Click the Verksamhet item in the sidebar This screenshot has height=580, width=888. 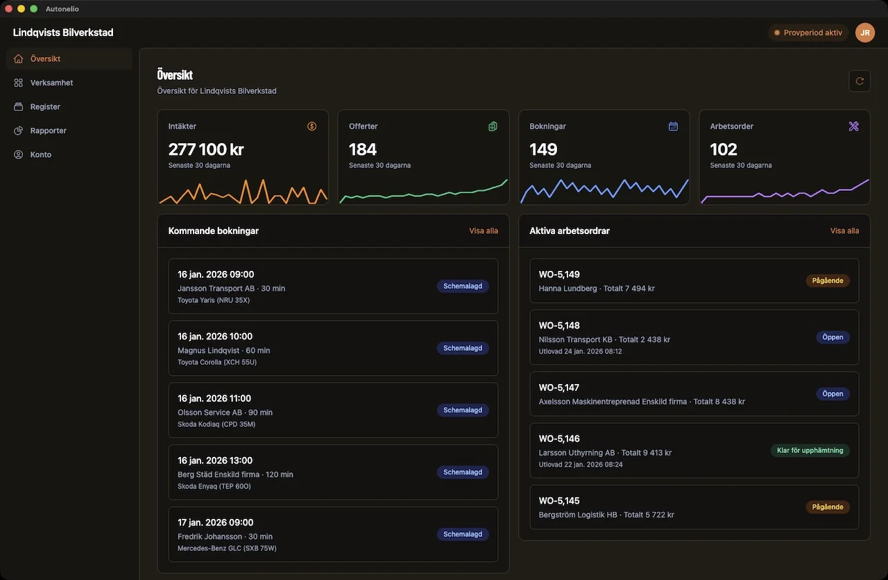[51, 83]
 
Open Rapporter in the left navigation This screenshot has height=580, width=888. [48, 131]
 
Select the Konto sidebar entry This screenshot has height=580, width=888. [40, 154]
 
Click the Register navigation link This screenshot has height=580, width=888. [45, 107]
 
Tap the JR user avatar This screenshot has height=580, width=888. [864, 33]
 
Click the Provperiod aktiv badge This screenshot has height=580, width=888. [808, 33]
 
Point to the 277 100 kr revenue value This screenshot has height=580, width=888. [206, 149]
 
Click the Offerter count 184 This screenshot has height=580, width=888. [363, 149]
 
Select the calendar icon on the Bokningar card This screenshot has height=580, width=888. [673, 126]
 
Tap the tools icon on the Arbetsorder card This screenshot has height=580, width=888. [853, 126]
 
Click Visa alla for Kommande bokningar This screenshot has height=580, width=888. [484, 231]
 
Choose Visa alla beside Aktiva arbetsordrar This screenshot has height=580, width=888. [844, 231]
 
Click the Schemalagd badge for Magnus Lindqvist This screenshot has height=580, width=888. [463, 348]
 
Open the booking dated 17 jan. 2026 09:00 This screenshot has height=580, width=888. [216, 522]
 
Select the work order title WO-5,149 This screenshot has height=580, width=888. [559, 274]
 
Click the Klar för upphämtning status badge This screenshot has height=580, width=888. [810, 450]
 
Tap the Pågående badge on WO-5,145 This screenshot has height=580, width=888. [828, 507]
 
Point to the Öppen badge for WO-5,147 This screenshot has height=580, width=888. [832, 394]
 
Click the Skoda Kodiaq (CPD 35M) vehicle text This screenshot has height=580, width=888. [216, 424]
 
